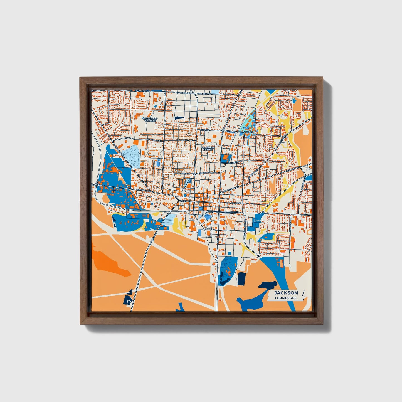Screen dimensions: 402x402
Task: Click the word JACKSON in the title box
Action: point(286,293)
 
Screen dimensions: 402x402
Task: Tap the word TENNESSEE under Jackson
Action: point(286,298)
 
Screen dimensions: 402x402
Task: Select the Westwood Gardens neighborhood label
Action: point(150,120)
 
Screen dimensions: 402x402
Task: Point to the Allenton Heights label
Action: point(208,148)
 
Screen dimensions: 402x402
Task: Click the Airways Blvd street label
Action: point(143,191)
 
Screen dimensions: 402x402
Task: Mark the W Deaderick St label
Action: point(182,173)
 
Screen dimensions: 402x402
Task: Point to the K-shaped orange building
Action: point(136,128)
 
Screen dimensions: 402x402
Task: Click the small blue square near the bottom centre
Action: point(229,253)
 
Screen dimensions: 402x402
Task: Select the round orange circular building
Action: point(214,136)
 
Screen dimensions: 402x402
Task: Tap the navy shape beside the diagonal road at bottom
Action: point(128,299)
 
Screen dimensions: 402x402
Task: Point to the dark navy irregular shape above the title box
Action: point(268,285)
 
